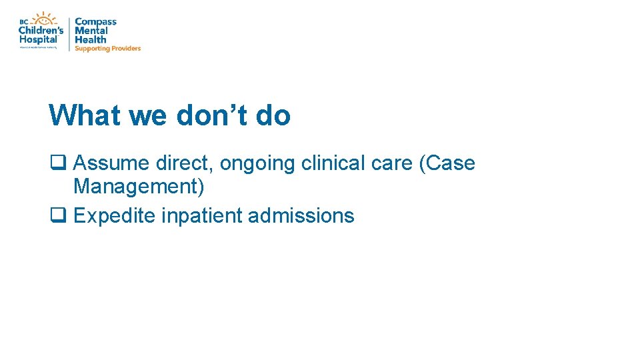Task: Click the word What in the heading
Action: point(85,115)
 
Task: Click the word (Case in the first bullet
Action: point(447,164)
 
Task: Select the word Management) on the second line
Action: point(139,187)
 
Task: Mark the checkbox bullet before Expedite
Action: point(57,215)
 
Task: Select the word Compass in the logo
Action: point(95,22)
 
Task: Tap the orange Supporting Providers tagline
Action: point(107,49)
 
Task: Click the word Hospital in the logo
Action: point(39,39)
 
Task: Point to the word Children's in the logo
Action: point(41,31)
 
